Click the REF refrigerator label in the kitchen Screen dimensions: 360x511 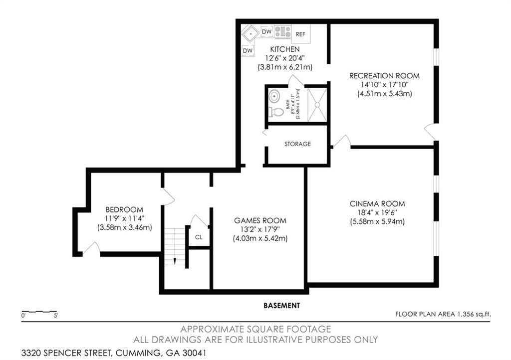(x=300, y=34)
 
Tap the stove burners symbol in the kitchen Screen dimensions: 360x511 (x=282, y=32)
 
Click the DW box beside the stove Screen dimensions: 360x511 (x=267, y=32)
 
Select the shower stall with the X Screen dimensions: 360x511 (x=316, y=104)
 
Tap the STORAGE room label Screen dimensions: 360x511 (x=297, y=144)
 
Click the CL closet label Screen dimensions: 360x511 (x=199, y=237)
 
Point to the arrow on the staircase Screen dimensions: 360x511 (x=175, y=260)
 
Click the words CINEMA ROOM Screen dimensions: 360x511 (x=377, y=203)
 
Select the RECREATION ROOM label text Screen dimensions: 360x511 (x=384, y=76)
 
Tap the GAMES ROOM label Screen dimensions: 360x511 (x=260, y=220)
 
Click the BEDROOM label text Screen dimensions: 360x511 (x=124, y=209)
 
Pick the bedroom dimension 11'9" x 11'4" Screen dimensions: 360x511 (x=124, y=218)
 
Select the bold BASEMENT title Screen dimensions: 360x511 (x=282, y=305)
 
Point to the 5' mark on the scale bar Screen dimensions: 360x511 (x=55, y=316)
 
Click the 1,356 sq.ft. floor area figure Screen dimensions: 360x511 (x=474, y=314)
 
